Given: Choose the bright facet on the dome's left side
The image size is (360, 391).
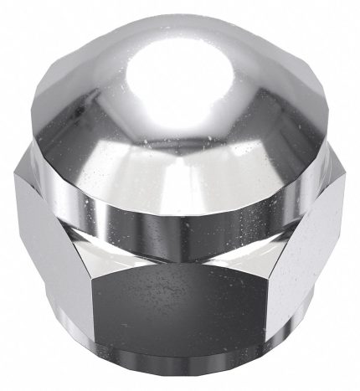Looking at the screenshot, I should (80, 109).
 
